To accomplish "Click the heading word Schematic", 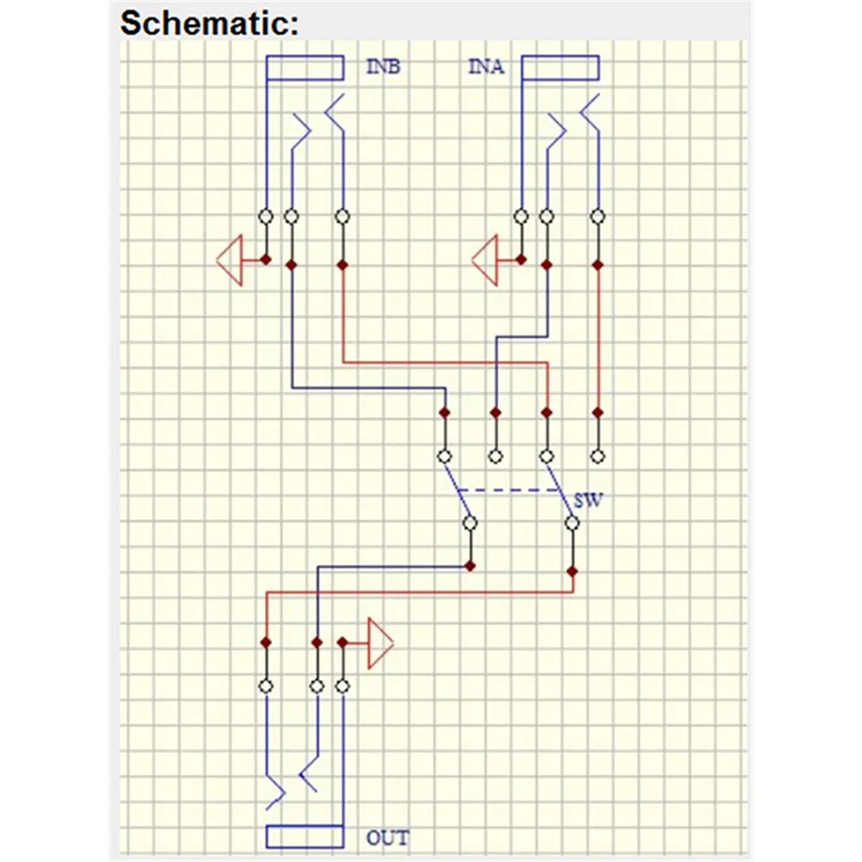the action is point(209,24).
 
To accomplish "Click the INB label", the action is point(384,66).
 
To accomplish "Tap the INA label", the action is point(486,66).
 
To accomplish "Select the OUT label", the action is point(388,838).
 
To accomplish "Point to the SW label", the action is point(588,500).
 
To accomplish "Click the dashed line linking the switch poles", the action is point(509,490).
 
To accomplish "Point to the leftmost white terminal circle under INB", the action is point(266,216).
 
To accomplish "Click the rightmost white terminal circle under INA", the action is point(597,216).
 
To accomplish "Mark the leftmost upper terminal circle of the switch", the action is point(445,456).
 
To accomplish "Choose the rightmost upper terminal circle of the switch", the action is point(597,456).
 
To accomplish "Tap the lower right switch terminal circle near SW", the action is point(572,523).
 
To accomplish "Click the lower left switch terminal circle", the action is point(470,523).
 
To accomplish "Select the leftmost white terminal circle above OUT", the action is point(266,686).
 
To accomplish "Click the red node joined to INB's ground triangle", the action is point(266,259).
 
